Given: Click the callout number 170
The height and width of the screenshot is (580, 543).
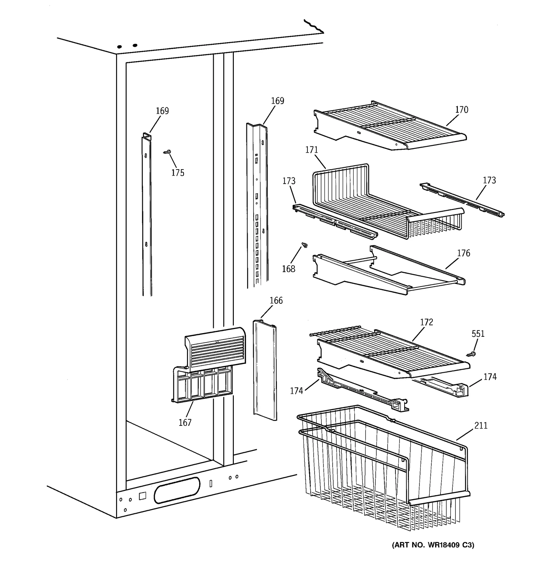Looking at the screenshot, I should click(x=461, y=110).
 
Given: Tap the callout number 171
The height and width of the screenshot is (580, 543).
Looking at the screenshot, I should click(x=311, y=150).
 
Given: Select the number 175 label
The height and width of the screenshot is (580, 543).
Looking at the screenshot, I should click(x=177, y=173).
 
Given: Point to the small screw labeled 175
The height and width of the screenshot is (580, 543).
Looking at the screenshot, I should click(x=167, y=152).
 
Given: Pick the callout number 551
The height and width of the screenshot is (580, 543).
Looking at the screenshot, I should click(x=478, y=334).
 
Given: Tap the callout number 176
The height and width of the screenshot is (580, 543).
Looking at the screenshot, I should click(x=463, y=253).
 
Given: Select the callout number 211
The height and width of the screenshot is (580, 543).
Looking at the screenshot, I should click(x=481, y=425).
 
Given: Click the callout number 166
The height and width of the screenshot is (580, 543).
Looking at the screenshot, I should click(x=276, y=300).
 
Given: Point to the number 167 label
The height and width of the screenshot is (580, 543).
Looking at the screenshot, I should click(x=185, y=422).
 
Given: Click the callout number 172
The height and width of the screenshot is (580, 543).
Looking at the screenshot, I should click(x=426, y=322).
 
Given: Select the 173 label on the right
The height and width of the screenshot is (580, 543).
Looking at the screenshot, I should click(x=489, y=180).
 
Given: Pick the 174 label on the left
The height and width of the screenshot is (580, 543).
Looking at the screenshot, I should click(x=296, y=391).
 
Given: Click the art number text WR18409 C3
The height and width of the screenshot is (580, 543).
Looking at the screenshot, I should click(x=433, y=545).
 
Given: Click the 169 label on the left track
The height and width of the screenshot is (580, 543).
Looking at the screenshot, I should click(x=162, y=111).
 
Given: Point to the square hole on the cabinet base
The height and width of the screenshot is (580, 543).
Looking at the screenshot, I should click(x=142, y=496).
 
